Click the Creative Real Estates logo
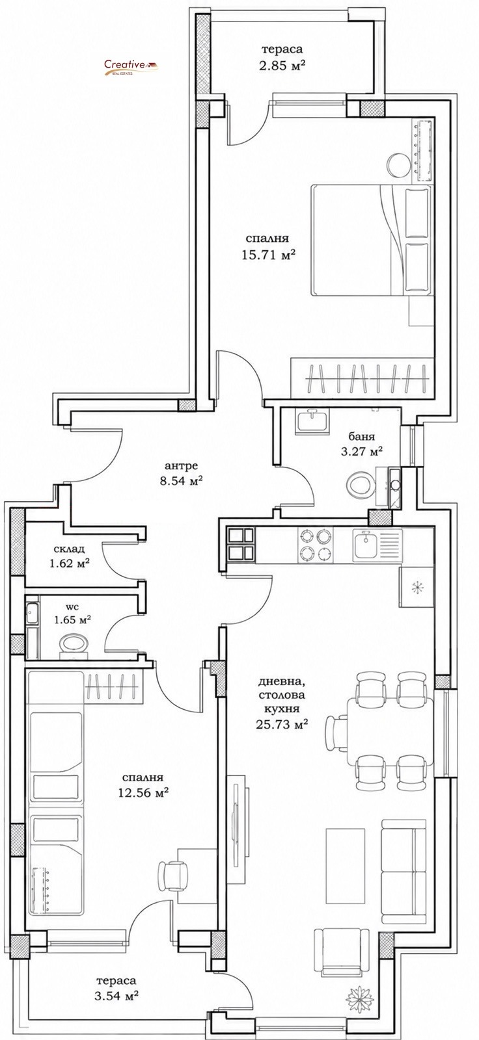point(131,68)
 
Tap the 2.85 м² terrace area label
point(282,66)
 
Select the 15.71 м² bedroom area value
point(269,255)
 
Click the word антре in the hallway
point(182,465)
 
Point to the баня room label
point(362,437)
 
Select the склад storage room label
point(69,549)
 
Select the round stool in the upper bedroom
point(398,164)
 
